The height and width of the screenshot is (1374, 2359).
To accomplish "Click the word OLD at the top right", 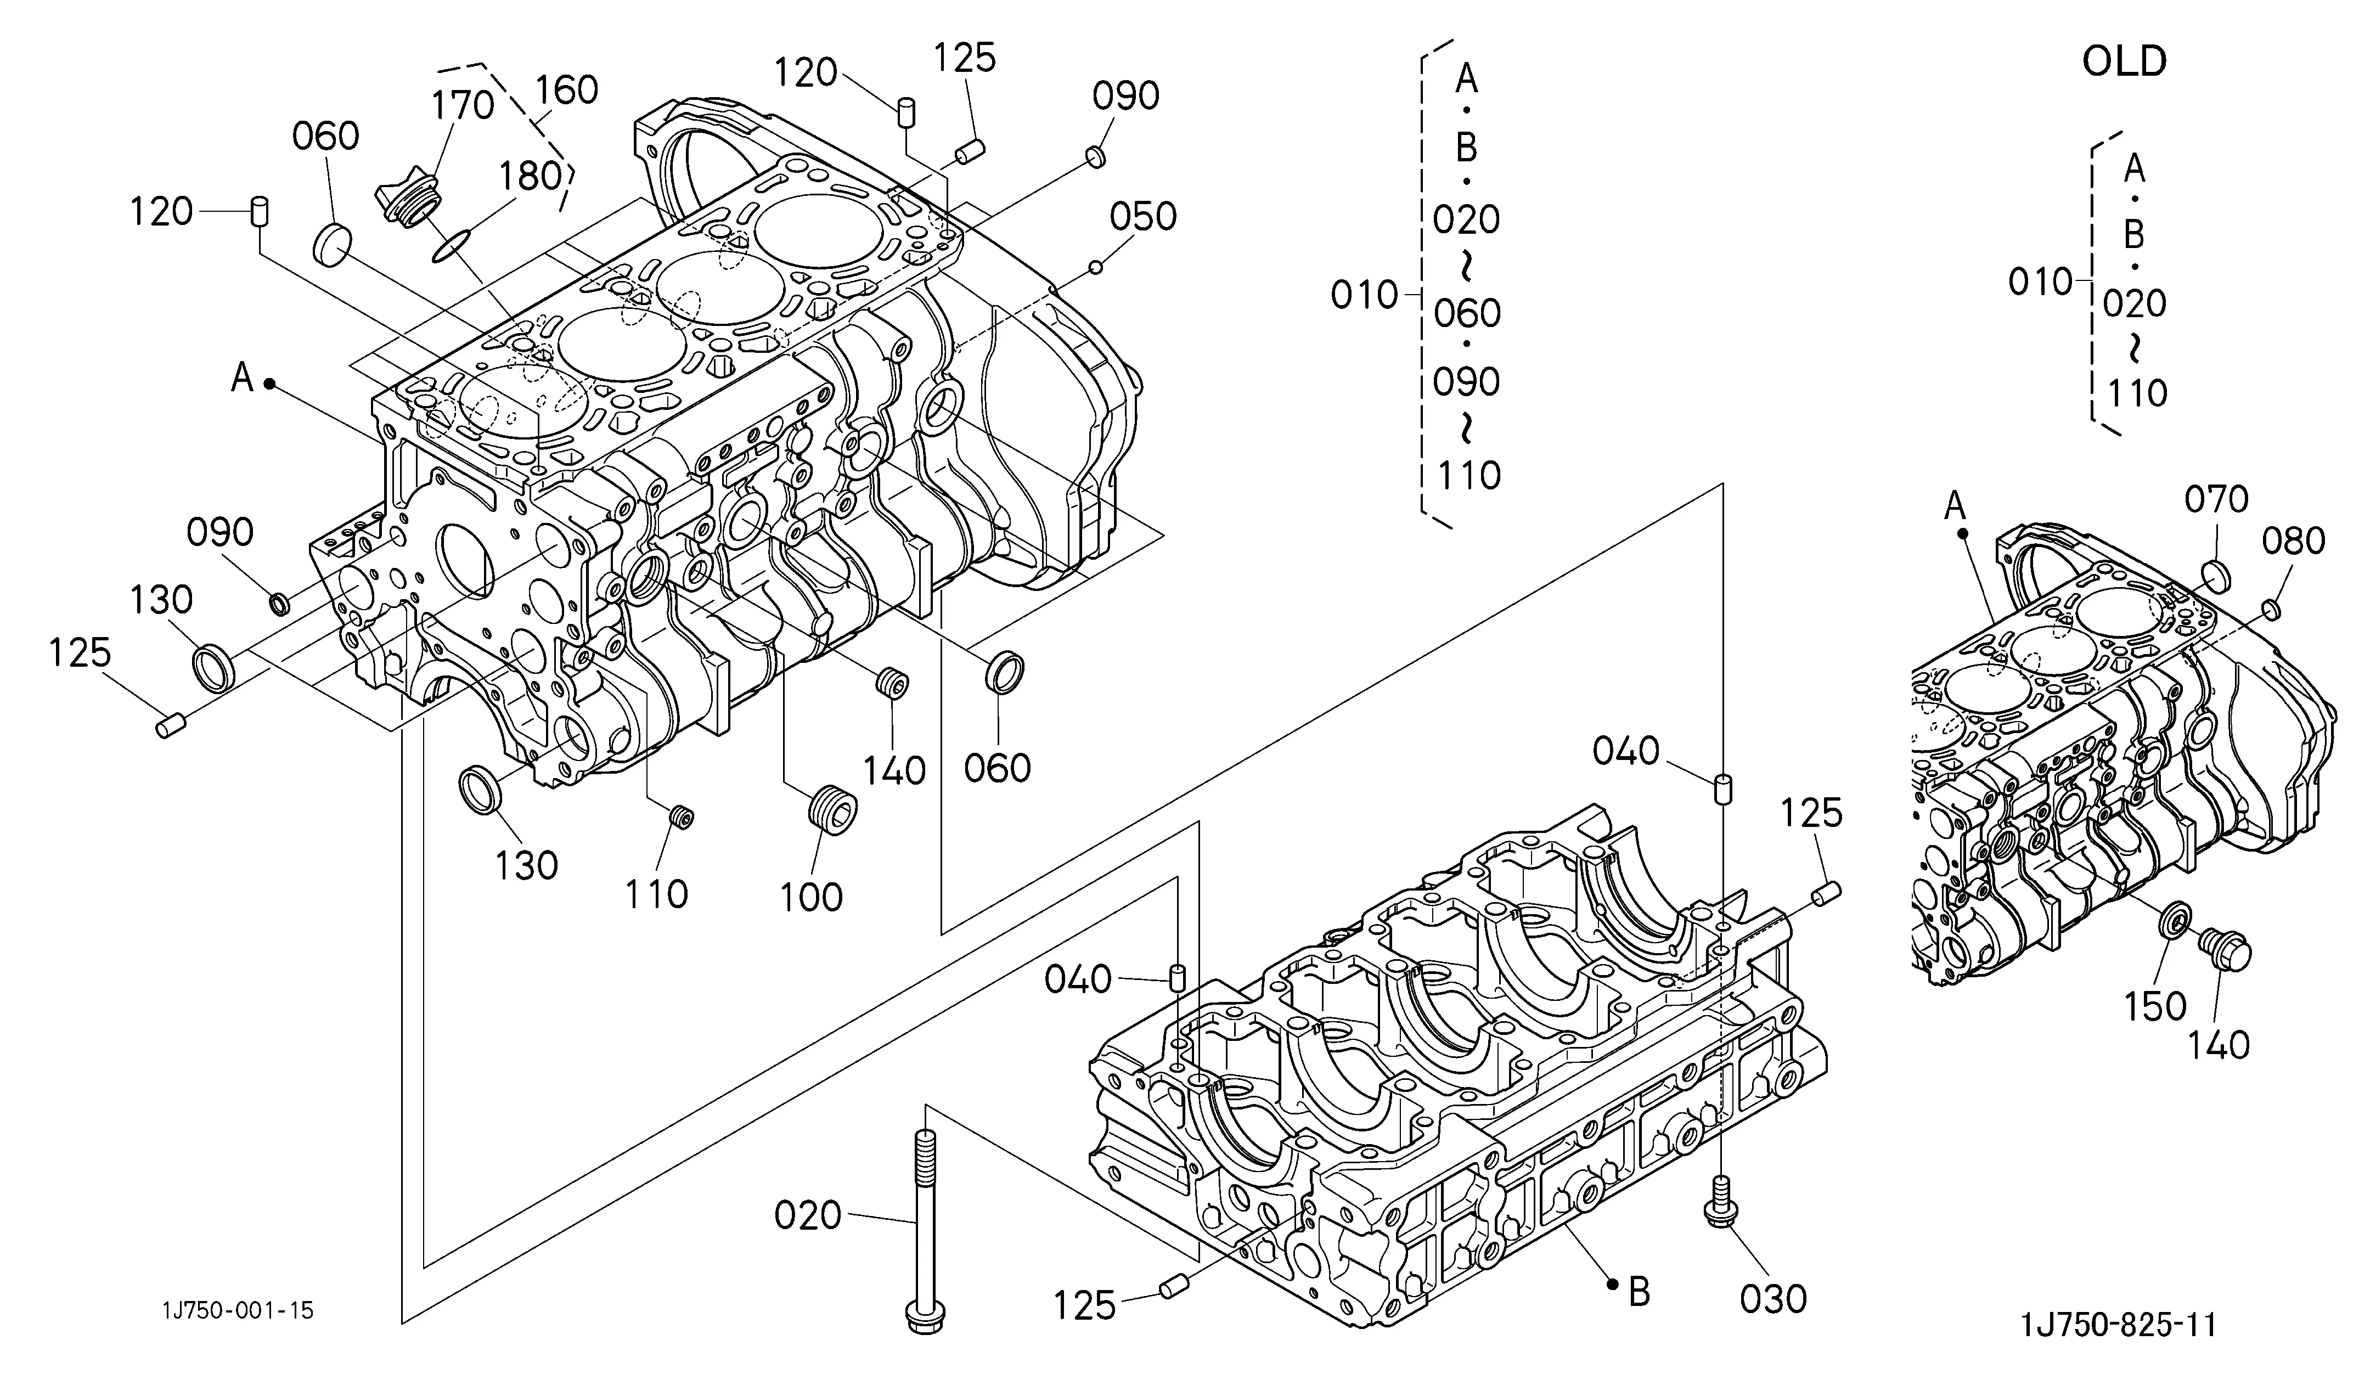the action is pos(2124,62).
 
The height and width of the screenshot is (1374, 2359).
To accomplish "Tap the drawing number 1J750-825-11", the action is pos(2118,1325).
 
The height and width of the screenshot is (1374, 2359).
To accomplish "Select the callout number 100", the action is pos(812,897).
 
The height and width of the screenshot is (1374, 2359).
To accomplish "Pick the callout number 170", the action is pos(463,106).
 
